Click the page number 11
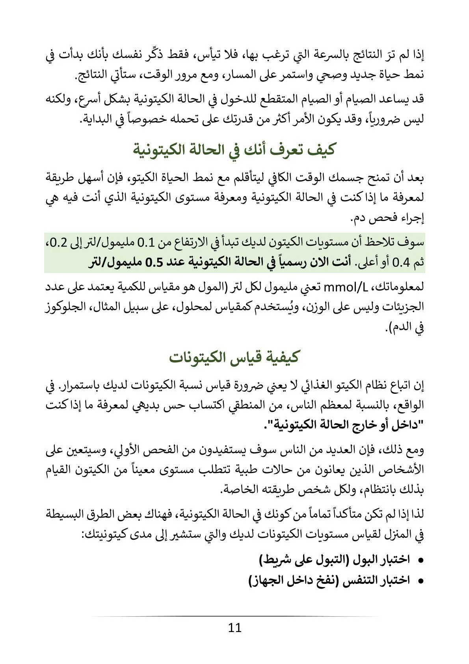point(234,628)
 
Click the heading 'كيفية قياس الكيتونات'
point(234,358)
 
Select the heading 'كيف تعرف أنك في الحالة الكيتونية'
point(234,150)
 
